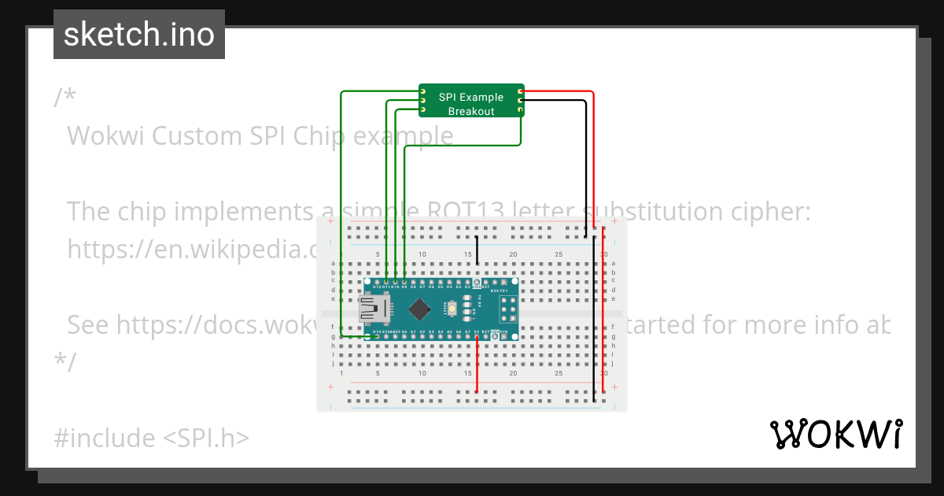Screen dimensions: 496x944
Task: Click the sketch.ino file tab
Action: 139,35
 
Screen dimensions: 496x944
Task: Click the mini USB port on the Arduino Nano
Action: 372,309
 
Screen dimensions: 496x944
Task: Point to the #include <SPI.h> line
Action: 152,438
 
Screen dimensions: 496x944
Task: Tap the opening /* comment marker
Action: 65,98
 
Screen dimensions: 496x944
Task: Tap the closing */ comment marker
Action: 65,361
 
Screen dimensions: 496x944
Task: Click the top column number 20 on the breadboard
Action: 513,254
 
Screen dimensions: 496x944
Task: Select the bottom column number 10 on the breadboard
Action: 422,373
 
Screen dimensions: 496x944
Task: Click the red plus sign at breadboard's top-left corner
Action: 330,222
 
